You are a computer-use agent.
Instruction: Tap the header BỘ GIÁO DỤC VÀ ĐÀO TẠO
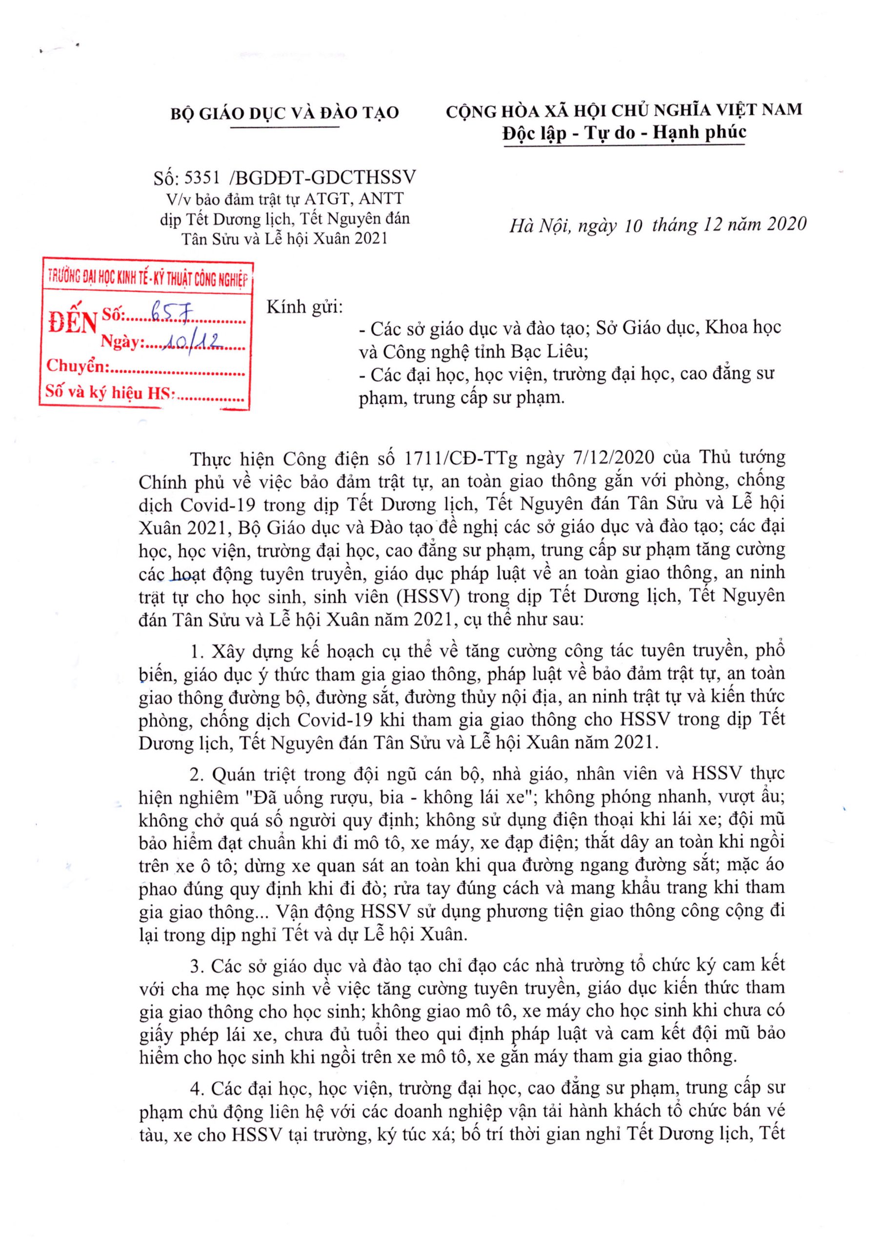pos(284,113)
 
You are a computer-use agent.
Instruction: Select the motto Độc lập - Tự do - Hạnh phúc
pos(624,133)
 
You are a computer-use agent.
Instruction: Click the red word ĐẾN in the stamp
pos(72,323)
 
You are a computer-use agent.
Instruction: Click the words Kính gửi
pos(304,307)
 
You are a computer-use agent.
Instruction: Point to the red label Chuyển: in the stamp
pos(78,366)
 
